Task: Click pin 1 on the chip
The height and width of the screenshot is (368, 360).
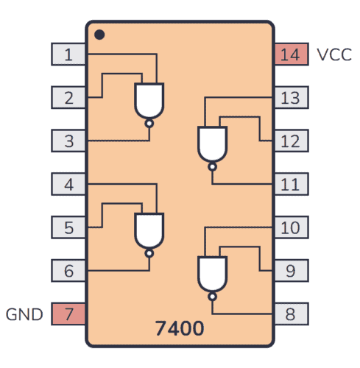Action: pos(68,54)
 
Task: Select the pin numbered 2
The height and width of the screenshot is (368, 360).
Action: pos(68,96)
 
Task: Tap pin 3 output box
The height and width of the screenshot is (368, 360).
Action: pos(68,140)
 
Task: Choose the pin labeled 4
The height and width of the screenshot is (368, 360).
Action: pos(68,183)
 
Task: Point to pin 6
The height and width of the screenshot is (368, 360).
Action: pos(68,270)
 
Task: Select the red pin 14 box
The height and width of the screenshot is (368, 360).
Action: pos(291,54)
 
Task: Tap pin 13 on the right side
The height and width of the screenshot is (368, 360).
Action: pos(291,96)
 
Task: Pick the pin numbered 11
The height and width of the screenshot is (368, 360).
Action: pos(291,183)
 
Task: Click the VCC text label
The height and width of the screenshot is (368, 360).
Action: pos(333,54)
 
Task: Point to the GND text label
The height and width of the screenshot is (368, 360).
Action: pos(25,314)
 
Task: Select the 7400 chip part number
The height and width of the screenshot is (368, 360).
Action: pos(180,326)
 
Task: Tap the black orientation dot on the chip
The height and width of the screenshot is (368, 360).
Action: pos(99,34)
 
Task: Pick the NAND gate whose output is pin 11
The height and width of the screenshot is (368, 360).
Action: pos(212,144)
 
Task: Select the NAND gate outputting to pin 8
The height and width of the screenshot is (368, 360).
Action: pos(212,274)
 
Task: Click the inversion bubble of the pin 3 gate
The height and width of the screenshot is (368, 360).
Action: pos(149,124)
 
